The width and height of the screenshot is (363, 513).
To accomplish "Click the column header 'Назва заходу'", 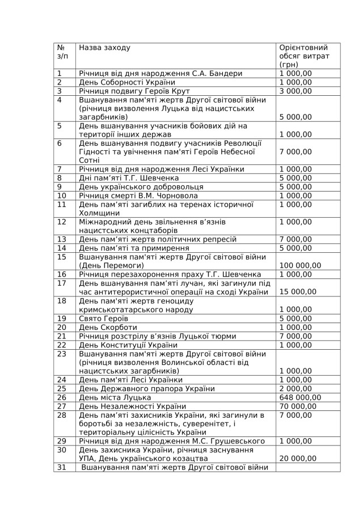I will click(x=104, y=48).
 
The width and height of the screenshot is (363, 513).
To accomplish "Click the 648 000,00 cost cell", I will click(x=299, y=397).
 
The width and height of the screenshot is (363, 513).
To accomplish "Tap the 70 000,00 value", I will click(x=298, y=406).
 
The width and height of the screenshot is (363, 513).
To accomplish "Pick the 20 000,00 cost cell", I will click(x=298, y=458).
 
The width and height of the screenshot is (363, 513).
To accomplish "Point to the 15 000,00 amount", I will click(x=298, y=292).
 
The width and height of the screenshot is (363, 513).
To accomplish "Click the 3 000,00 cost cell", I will click(x=296, y=91).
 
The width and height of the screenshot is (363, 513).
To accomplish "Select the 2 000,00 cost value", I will click(x=296, y=388).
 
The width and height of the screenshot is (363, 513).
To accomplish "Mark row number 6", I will click(x=60, y=143).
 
